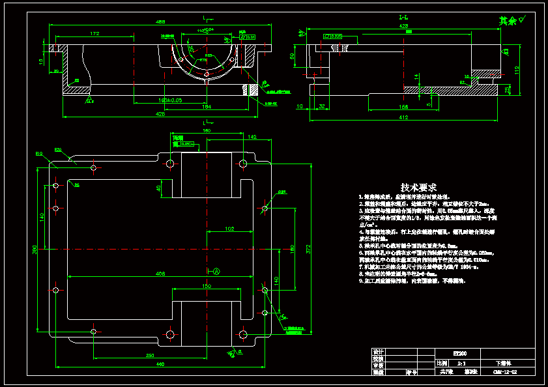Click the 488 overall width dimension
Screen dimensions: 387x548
(160, 21)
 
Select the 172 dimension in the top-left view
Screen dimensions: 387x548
(94, 33)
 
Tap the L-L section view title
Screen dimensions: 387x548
(404, 17)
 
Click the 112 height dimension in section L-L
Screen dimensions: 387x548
(516, 70)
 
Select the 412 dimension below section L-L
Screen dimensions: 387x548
(404, 118)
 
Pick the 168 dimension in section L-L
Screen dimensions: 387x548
(404, 107)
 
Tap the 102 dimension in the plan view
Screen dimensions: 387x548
(229, 229)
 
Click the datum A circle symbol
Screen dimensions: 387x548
(216, 270)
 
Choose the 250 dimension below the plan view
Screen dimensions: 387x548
(150, 355)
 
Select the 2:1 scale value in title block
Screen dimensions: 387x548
(462, 362)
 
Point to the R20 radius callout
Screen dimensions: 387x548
(57, 150)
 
